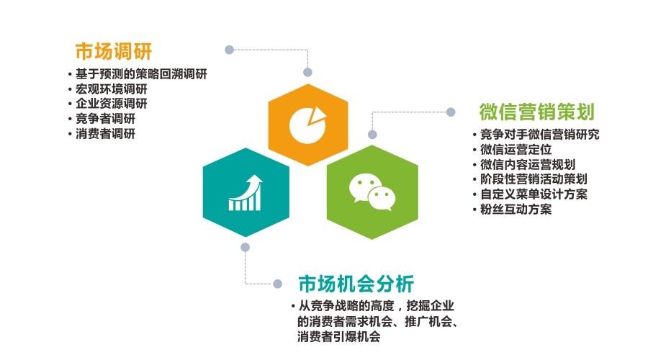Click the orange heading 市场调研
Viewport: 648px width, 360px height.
(x=114, y=52)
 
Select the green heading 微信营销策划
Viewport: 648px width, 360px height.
(x=537, y=112)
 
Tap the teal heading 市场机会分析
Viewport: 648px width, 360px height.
(x=356, y=284)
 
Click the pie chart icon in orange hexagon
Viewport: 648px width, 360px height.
(x=308, y=125)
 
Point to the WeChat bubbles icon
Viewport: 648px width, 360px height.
(x=372, y=192)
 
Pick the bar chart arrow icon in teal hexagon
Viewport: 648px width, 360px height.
(x=246, y=193)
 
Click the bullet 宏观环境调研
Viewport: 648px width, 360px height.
(x=111, y=89)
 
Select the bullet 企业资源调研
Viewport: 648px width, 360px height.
(x=111, y=104)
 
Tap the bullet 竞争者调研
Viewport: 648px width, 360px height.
(x=105, y=119)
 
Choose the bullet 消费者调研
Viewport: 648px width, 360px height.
(x=105, y=133)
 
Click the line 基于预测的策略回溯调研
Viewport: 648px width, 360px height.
(x=141, y=74)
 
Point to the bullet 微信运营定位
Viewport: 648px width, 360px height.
(x=516, y=149)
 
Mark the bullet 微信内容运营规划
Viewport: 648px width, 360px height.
(x=528, y=164)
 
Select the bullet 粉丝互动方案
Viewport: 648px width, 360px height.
(x=516, y=209)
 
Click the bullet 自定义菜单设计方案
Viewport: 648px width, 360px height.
(x=534, y=194)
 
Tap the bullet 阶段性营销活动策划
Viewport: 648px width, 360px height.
(x=534, y=179)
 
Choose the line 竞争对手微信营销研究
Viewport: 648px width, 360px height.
(x=540, y=135)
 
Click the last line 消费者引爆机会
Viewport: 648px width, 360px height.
(x=339, y=336)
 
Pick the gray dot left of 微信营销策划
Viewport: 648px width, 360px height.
(x=451, y=112)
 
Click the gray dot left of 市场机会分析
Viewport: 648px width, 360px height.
(x=278, y=284)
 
